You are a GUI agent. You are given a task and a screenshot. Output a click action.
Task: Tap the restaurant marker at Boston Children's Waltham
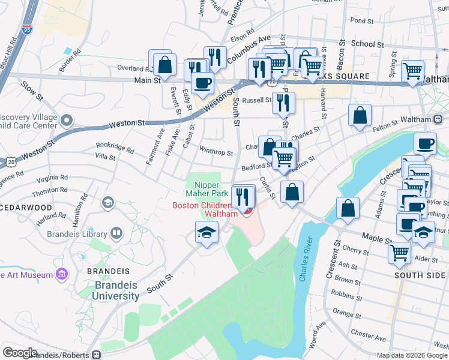click(243, 196)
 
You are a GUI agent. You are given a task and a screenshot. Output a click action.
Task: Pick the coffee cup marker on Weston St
click(202, 82)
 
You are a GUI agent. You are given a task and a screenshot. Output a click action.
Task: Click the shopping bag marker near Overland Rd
click(164, 64)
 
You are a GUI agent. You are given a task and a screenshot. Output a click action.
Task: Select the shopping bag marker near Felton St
click(360, 115)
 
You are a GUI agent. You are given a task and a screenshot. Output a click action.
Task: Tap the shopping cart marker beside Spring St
click(412, 70)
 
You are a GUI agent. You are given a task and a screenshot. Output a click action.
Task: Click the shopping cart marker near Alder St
click(399, 252)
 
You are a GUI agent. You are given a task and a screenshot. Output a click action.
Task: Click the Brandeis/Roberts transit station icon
click(96, 355)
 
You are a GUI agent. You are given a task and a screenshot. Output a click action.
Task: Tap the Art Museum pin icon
click(61, 275)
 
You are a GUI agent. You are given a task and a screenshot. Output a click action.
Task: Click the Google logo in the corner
click(20, 353)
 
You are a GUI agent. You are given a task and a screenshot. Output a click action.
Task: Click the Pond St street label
click(362, 20)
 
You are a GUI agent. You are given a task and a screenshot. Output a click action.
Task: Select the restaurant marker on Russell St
click(283, 103)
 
